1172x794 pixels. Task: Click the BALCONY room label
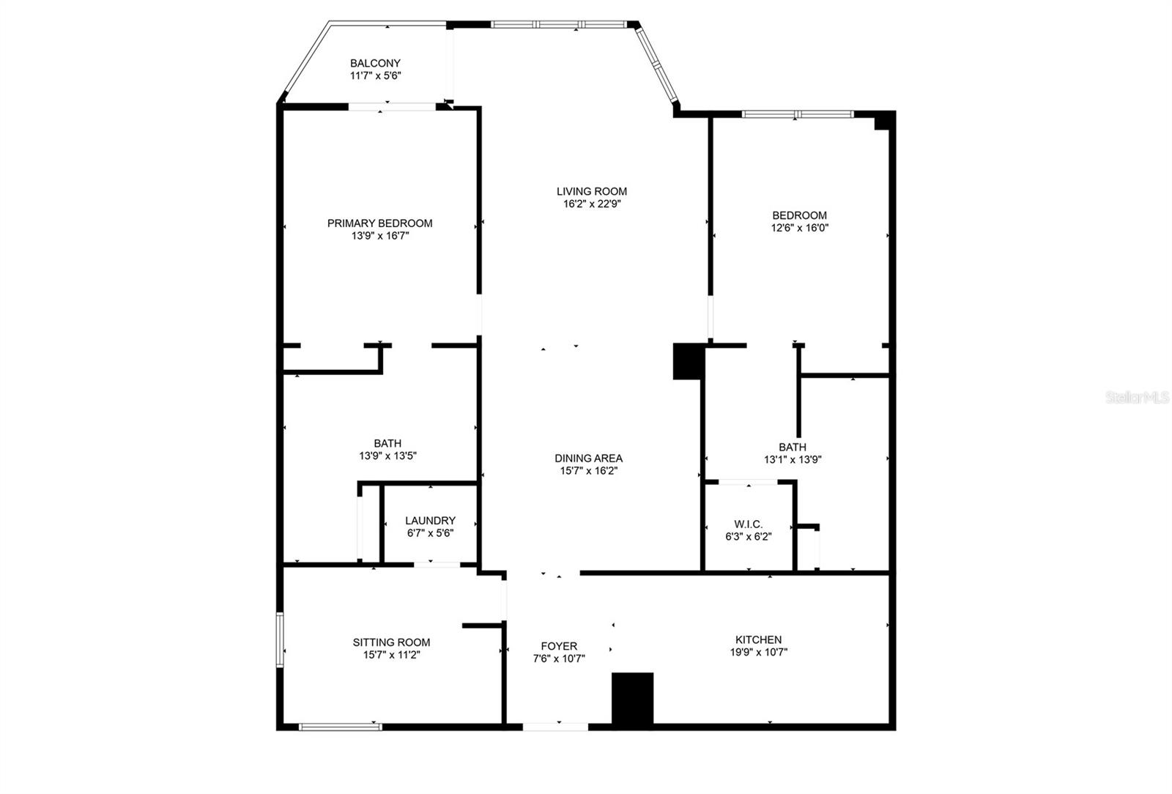point(375,63)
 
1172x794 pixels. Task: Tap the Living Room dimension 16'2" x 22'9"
point(592,204)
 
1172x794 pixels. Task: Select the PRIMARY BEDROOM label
point(380,223)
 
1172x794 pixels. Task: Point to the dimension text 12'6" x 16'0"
point(799,228)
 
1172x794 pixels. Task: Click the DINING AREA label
point(589,459)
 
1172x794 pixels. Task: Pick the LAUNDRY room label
point(430,521)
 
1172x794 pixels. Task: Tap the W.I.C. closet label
point(748,524)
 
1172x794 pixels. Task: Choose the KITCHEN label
point(759,639)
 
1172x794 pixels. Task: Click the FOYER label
point(559,646)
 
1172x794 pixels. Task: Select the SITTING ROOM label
point(391,642)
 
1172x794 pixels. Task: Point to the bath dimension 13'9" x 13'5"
point(387,456)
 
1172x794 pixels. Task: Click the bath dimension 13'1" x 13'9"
point(793,460)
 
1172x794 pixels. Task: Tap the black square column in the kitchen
point(633,699)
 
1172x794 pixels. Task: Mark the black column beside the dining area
point(687,361)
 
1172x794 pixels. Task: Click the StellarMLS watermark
point(1137,398)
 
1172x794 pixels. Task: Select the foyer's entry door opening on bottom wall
point(556,727)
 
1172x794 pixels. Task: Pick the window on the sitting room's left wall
point(280,639)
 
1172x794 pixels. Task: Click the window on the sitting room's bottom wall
point(340,727)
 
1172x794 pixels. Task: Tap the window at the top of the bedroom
point(798,114)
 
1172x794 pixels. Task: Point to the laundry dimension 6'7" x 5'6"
point(430,533)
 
